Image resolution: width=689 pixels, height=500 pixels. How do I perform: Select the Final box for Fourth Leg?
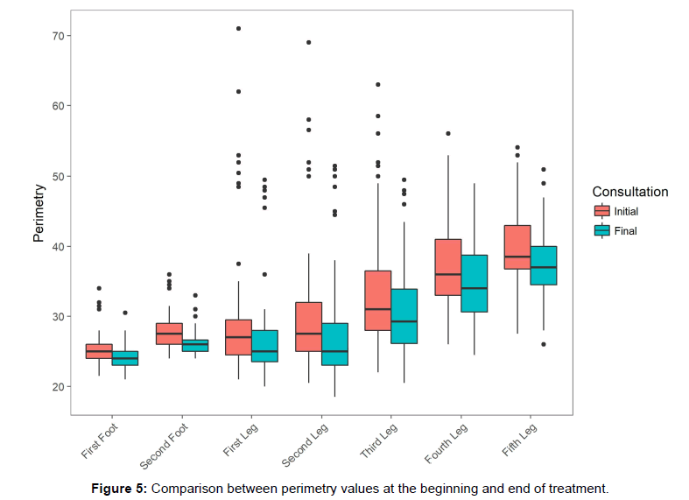pos(474,283)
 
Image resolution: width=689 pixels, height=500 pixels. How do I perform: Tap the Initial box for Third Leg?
pos(378,300)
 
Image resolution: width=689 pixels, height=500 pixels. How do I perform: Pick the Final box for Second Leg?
pos(334,344)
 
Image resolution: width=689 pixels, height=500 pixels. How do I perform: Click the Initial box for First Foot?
pos(98,351)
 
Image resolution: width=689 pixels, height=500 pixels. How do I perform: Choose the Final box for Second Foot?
pos(194,345)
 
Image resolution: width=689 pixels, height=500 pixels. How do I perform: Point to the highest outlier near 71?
pos(238,29)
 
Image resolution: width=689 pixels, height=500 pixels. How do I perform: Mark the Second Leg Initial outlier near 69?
pos(308,43)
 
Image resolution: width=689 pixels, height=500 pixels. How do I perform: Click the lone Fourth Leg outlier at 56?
pos(447,134)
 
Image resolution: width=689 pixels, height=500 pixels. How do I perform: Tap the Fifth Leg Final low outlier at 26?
pos(544,344)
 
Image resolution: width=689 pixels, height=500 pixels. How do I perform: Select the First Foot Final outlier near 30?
pos(124,313)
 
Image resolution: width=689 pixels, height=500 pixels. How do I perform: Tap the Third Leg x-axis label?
pos(378,440)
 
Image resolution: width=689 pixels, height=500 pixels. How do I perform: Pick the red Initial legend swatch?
pos(601,211)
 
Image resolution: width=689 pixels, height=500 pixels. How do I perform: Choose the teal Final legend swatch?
pos(601,231)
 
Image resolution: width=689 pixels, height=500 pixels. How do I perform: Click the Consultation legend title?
pos(629,192)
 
